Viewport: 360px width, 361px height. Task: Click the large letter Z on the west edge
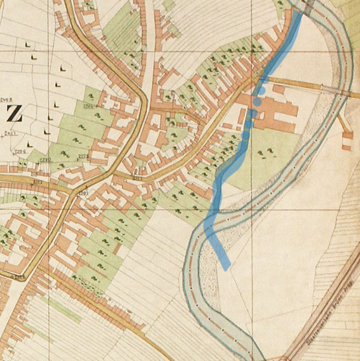(x=14, y=114)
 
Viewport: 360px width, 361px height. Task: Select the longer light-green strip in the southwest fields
(x=62, y=310)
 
